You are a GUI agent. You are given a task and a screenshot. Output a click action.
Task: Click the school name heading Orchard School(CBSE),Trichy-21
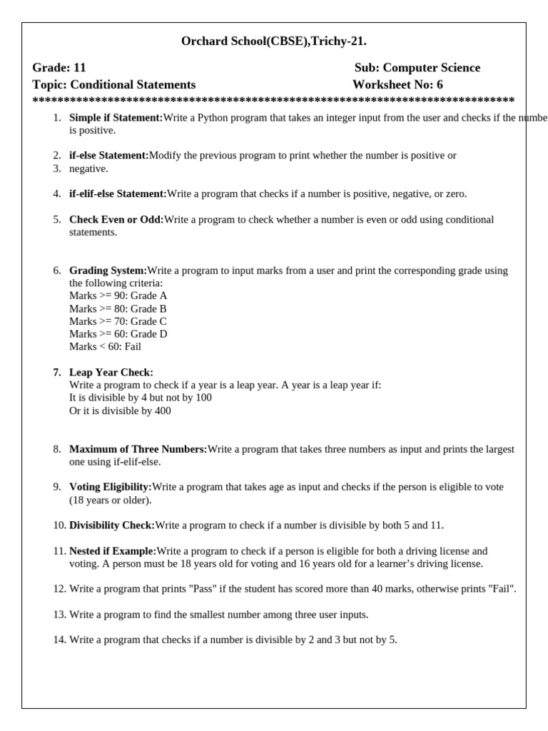click(x=274, y=41)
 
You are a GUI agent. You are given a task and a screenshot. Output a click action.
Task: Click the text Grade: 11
click(x=59, y=68)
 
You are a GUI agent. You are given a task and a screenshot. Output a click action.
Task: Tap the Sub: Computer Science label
click(x=417, y=68)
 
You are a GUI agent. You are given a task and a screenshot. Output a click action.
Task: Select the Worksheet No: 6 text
click(x=397, y=85)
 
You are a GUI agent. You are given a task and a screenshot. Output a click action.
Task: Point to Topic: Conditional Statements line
click(x=113, y=85)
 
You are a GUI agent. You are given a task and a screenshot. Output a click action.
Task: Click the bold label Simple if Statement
click(x=116, y=118)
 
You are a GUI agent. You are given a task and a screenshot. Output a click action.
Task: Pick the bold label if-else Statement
click(x=108, y=155)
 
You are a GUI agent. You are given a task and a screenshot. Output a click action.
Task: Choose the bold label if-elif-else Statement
click(x=118, y=193)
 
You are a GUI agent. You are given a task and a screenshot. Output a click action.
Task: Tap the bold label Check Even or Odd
click(x=116, y=219)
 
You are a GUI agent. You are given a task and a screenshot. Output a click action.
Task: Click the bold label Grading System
click(x=108, y=271)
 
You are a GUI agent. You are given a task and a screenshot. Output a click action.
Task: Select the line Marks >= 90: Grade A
click(x=118, y=296)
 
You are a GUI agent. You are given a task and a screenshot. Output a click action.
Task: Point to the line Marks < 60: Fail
click(x=105, y=346)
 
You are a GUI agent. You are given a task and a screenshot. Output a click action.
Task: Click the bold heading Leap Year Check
click(x=111, y=372)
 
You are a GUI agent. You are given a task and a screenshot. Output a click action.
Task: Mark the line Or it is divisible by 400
click(x=120, y=410)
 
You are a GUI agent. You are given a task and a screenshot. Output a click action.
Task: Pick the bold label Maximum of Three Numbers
click(x=138, y=449)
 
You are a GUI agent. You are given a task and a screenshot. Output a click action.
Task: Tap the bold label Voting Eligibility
click(x=111, y=487)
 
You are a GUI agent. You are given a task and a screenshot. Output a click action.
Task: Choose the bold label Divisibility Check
click(x=112, y=525)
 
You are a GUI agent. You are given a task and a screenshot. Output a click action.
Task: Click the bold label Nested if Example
click(x=113, y=551)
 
